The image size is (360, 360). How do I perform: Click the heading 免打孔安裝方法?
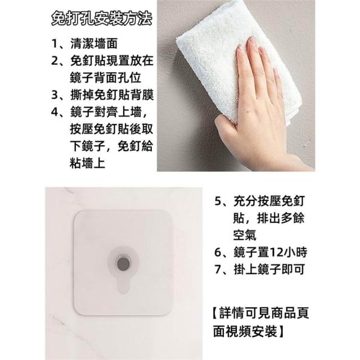pos(101,19)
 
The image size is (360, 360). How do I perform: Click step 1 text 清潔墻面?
pos(94,43)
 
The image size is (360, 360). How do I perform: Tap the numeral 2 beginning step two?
pos(55,61)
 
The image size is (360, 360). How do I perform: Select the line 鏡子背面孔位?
pos(105,78)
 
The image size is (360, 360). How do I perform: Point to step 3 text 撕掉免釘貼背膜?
pos(112,95)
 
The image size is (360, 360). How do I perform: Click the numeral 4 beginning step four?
pos(55,112)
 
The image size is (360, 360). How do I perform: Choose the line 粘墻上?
pos(88,163)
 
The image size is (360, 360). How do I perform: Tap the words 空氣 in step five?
pos(245,235)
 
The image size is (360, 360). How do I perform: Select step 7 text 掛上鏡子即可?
pos(269,269)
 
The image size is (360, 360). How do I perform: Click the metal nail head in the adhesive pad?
pos(123,263)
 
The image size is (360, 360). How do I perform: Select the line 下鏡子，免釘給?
pos(111,146)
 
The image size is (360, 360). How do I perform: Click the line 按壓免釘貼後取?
pos(111,129)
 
